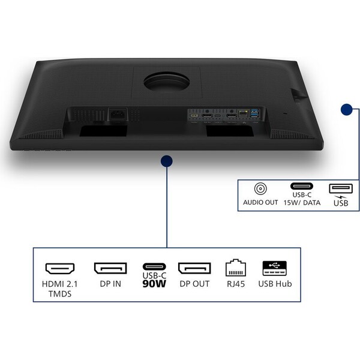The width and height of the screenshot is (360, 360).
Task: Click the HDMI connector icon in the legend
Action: pyautogui.click(x=60, y=269)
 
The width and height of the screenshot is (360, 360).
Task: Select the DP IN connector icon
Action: pyautogui.click(x=110, y=268)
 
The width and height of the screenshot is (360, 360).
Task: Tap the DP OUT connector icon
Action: pyautogui.click(x=194, y=268)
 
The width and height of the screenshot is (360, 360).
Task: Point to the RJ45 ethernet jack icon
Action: pyautogui.click(x=236, y=268)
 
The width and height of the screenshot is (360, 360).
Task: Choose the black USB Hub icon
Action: pyautogui.click(x=275, y=268)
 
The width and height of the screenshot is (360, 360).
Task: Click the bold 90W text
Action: pyautogui.click(x=154, y=284)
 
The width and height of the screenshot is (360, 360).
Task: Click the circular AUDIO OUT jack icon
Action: pyautogui.click(x=260, y=189)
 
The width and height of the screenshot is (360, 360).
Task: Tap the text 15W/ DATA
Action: pyautogui.click(x=302, y=203)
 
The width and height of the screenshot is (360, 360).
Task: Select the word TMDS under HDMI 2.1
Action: pyautogui.click(x=60, y=294)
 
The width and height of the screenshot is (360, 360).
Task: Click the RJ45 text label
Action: pyautogui.click(x=236, y=284)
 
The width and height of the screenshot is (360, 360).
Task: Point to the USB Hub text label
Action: pyautogui.click(x=275, y=284)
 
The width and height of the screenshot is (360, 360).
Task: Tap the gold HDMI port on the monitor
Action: pyautogui.click(x=194, y=115)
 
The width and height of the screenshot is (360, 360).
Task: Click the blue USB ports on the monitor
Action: pyautogui.click(x=255, y=113)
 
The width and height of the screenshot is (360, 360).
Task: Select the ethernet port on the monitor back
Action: pyautogui.click(x=244, y=113)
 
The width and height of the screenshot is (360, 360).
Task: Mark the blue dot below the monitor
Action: pyautogui.click(x=167, y=161)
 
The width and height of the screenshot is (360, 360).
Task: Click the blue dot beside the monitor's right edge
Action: pyautogui.click(x=346, y=109)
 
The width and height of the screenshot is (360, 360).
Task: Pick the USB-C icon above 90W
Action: pyautogui.click(x=154, y=267)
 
